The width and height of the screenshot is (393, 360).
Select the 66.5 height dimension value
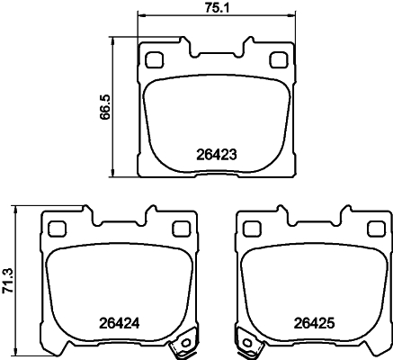105,109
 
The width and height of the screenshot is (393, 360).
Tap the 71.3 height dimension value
10,280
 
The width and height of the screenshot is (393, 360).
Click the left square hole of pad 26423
153,60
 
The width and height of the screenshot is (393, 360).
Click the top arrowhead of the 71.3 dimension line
17,209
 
